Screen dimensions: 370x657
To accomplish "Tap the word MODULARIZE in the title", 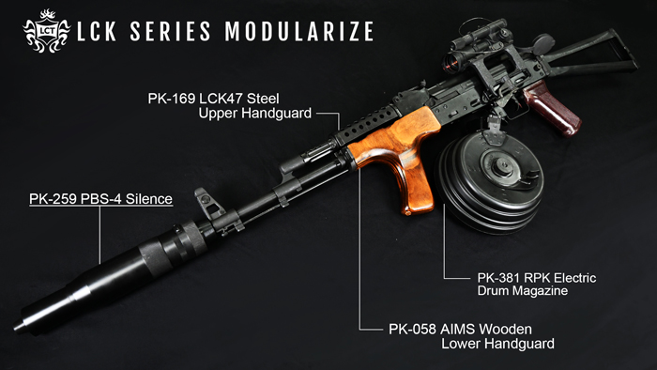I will pos(299,31).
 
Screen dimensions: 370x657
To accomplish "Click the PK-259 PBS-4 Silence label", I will pos(100,199).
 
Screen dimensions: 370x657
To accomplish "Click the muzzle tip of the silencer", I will pos(23,327).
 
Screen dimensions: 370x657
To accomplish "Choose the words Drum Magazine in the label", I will pos(522,292).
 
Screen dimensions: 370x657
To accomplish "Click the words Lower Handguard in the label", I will pos(497,344).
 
